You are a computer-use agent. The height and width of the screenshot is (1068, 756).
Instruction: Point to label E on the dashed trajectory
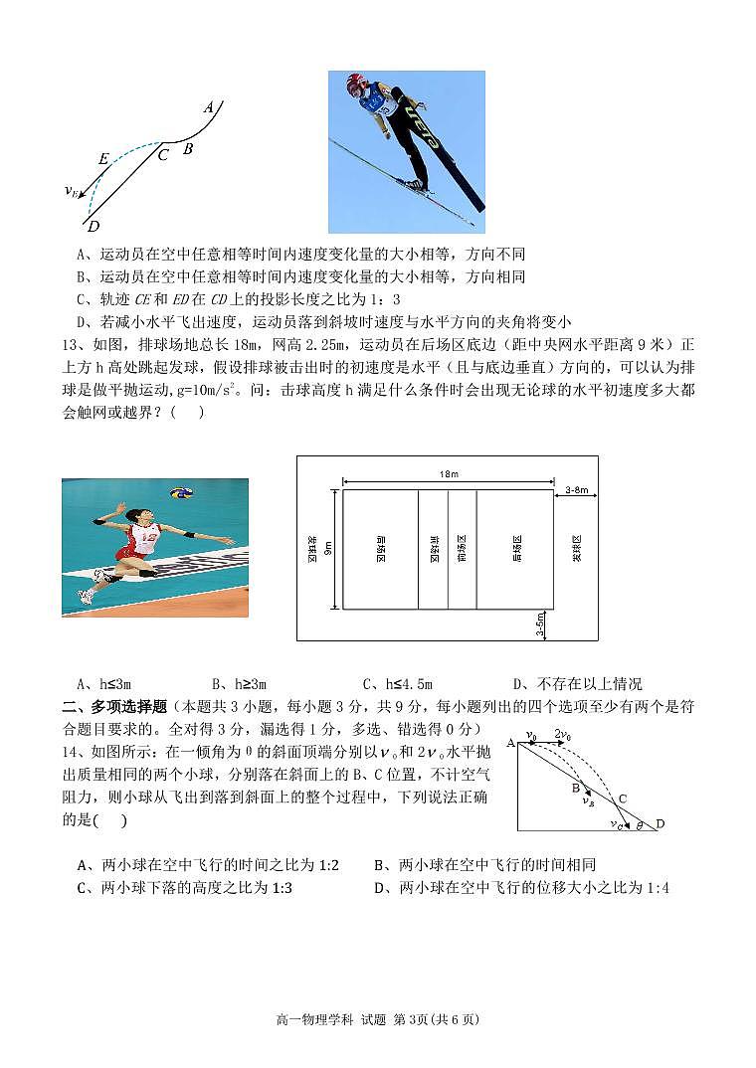coord(103,159)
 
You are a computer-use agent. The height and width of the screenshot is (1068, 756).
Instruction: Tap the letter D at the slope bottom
coord(93,226)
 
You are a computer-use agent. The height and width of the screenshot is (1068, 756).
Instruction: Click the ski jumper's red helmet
coord(355,85)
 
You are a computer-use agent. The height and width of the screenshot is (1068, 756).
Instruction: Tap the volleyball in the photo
coord(180,493)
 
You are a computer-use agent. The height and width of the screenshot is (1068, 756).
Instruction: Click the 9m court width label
coord(327,548)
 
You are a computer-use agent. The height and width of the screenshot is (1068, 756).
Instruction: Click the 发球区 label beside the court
coord(576,548)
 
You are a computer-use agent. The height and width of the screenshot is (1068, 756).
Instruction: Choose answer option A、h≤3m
coord(103,683)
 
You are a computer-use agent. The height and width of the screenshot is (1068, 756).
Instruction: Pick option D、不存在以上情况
coord(577,683)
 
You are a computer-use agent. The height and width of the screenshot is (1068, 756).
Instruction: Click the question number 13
coord(73,344)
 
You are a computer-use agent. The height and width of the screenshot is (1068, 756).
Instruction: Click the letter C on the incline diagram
coord(623,799)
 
